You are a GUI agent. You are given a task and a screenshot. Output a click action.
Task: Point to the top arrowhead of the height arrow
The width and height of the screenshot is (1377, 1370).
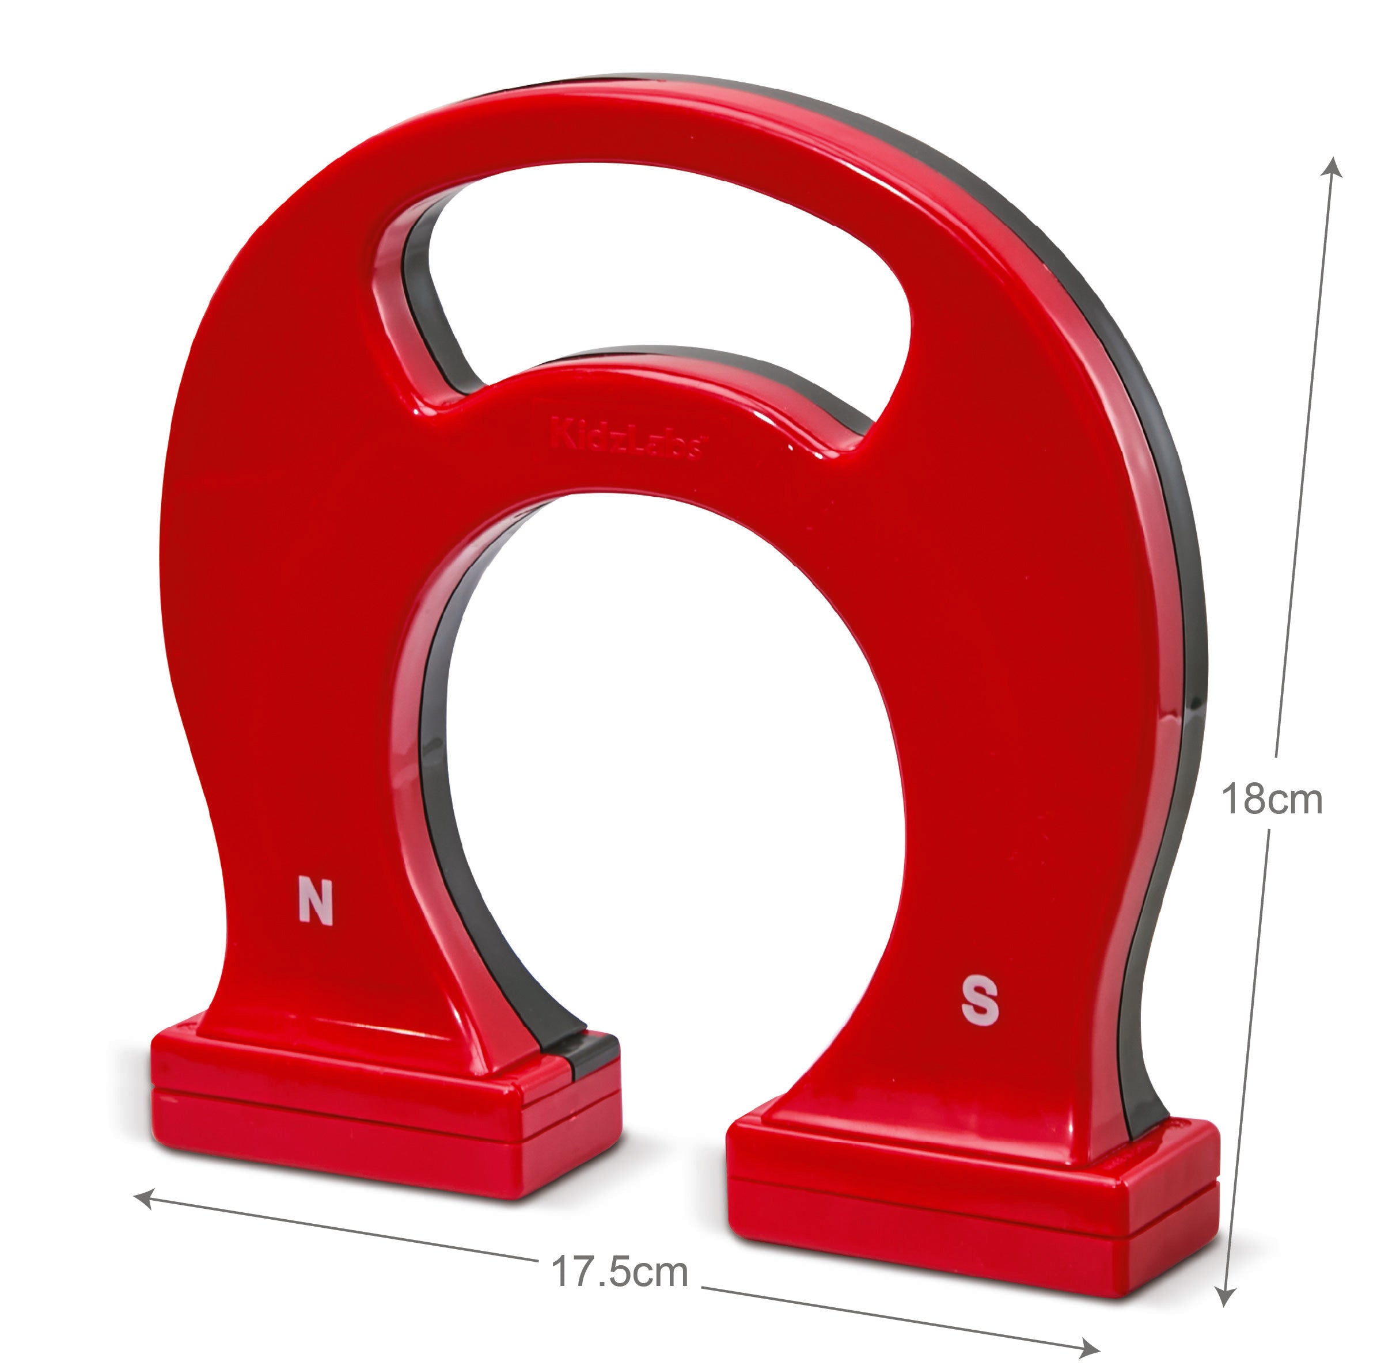point(1332,170)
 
